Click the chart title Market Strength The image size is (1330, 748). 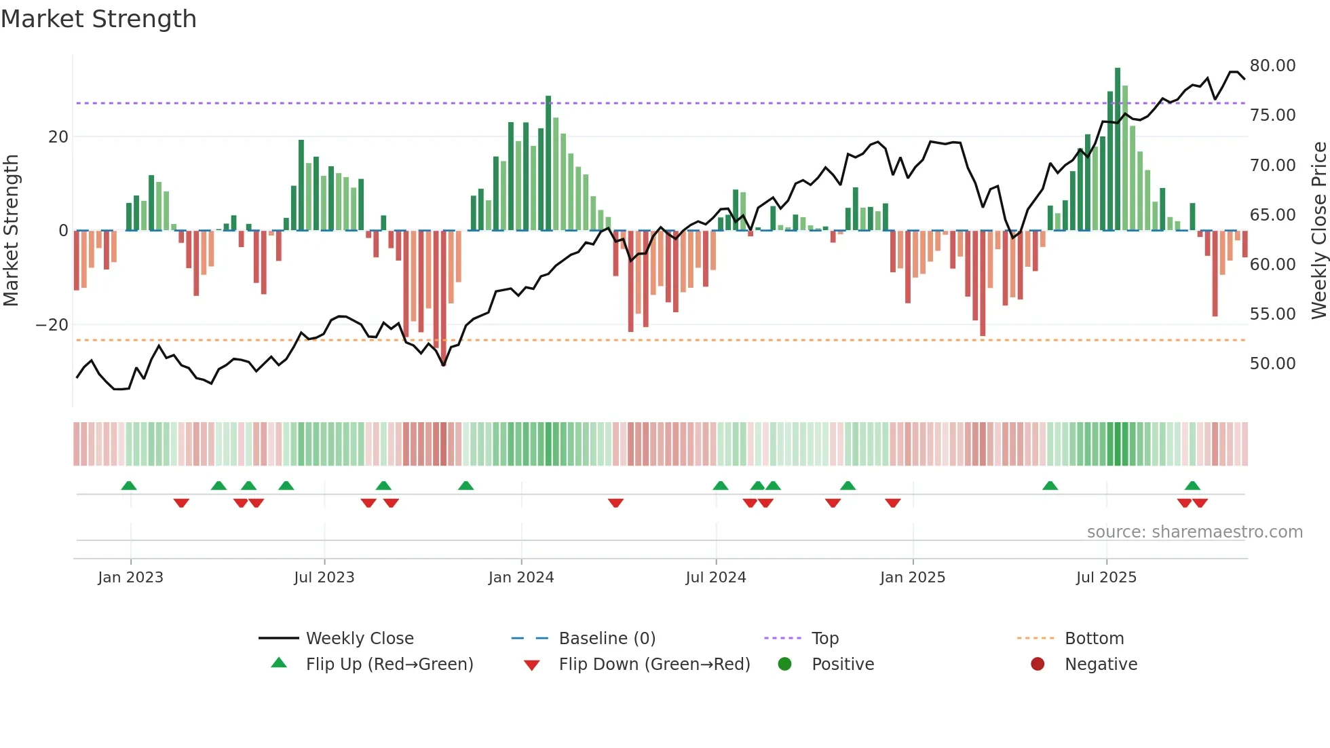click(98, 19)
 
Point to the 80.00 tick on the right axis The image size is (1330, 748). click(1272, 66)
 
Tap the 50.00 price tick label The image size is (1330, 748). click(1272, 364)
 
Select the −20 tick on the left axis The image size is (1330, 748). click(52, 325)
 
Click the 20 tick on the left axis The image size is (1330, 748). click(58, 137)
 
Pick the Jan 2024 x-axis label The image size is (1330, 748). click(520, 578)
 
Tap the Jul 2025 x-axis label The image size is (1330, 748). click(1105, 578)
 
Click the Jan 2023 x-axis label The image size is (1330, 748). click(130, 578)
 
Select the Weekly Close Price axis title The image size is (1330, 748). click(1318, 231)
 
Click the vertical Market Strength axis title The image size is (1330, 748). click(11, 231)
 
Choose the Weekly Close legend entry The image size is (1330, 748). click(359, 639)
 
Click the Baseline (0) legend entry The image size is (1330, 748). click(607, 639)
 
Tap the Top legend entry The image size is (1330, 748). click(824, 639)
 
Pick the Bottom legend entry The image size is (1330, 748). click(1094, 639)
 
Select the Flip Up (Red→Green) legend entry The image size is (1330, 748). click(389, 665)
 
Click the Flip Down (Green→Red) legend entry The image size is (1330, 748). click(654, 665)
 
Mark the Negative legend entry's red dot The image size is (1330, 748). click(1038, 665)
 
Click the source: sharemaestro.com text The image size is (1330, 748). click(1194, 532)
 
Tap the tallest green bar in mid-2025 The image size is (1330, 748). click(1118, 149)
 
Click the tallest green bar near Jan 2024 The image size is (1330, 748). click(548, 163)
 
